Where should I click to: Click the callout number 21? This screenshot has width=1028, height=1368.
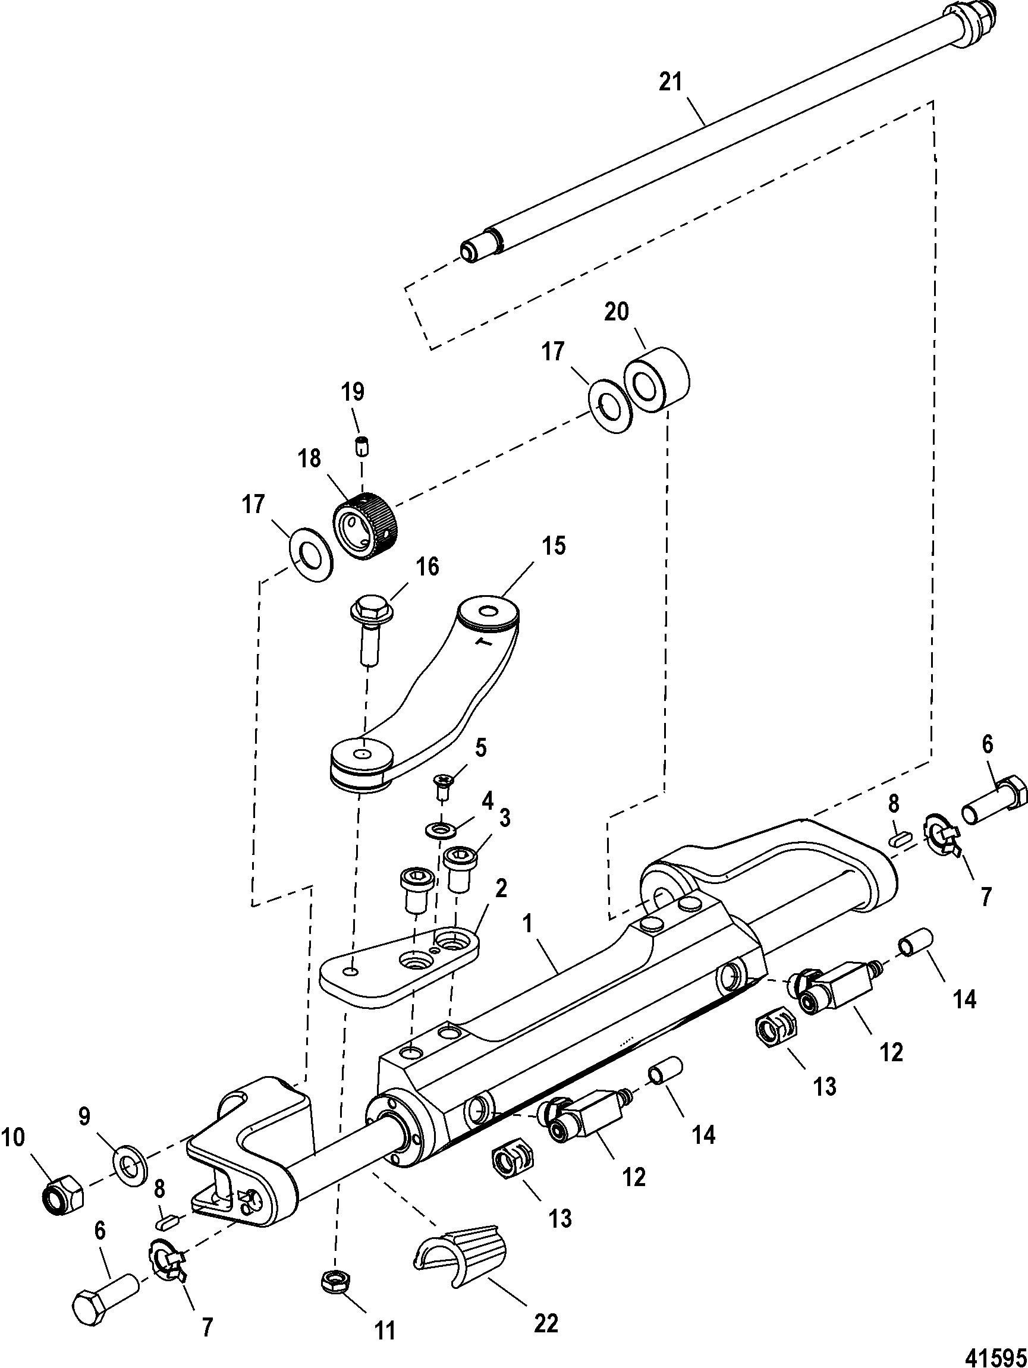pos(671,82)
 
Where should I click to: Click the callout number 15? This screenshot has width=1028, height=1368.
pos(554,547)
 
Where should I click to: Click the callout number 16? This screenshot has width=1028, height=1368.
pos(427,567)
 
